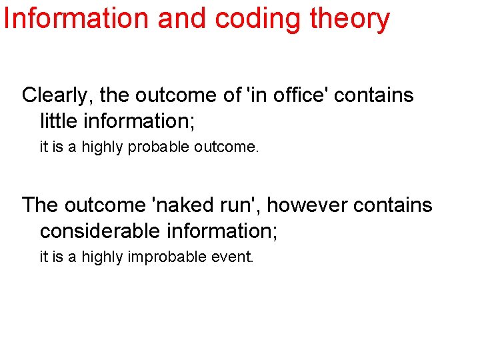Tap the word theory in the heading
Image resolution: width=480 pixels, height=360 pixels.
[351, 19]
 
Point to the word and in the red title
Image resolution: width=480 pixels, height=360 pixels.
[181, 19]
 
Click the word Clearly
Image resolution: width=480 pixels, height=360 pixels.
[58, 95]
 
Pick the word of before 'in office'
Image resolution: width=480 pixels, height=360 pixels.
[233, 95]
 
